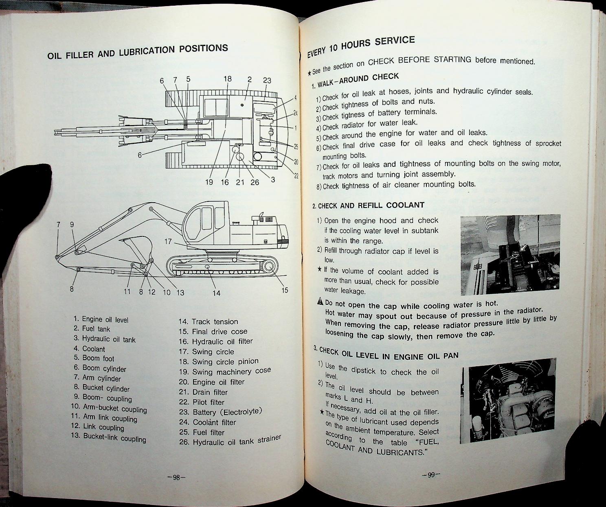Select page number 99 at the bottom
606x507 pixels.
431,474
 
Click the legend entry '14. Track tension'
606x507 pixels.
208,321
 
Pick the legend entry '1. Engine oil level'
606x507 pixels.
101,320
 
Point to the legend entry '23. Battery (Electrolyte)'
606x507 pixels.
220,411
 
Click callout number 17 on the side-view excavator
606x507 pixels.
168,242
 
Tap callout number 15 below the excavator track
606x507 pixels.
285,290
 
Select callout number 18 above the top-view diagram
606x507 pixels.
227,79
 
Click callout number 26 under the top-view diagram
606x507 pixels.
255,182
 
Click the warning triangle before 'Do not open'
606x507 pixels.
320,302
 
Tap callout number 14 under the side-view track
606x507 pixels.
216,293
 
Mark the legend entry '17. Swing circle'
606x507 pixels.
206,352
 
